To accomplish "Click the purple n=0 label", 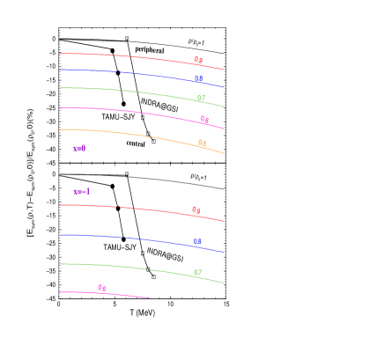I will pyautogui.click(x=79, y=149).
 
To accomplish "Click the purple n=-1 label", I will pyautogui.click(x=82, y=191).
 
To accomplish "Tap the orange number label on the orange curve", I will pyautogui.click(x=202, y=143).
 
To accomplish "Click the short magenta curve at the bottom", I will pyautogui.click(x=123, y=295).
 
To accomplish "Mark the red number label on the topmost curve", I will pyautogui.click(x=198, y=60).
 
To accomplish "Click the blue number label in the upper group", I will pyautogui.click(x=198, y=79).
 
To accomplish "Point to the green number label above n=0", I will pyautogui.click(x=201, y=99).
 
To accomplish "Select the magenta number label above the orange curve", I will pyautogui.click(x=204, y=120).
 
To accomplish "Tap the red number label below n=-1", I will pyautogui.click(x=196, y=210).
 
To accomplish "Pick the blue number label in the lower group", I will pyautogui.click(x=197, y=241).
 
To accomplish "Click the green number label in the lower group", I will pyautogui.click(x=197, y=272).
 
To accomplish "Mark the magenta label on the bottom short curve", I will pyautogui.click(x=101, y=288).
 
